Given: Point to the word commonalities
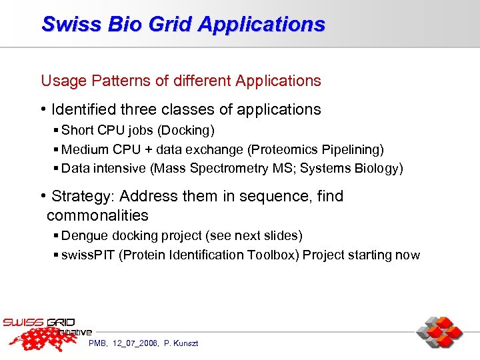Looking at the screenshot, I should pyautogui.click(x=97, y=215).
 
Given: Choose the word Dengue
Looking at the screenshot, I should pyautogui.click(x=83, y=236).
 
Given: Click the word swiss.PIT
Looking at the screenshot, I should pyautogui.click(x=88, y=255).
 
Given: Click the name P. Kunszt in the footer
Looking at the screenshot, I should pyautogui.click(x=181, y=343).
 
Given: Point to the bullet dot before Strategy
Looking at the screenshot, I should pyautogui.click(x=43, y=196).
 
